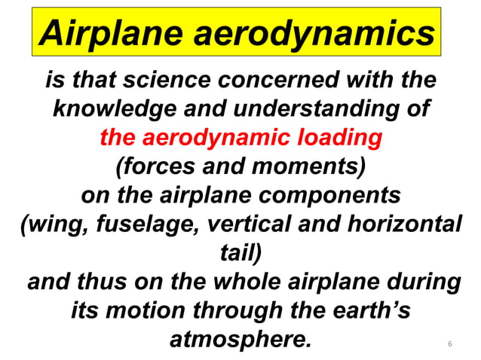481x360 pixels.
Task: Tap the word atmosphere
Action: pos(241,338)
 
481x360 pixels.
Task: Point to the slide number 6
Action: pos(450,345)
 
